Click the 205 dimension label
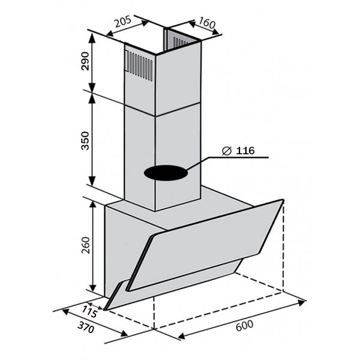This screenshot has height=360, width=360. click(x=123, y=22)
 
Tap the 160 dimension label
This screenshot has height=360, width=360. click(x=207, y=23)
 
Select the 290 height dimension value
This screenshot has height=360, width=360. click(x=85, y=61)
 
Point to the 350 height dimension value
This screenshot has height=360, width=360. click(x=85, y=141)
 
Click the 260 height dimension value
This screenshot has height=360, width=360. click(x=85, y=245)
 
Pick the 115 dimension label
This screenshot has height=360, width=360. click(x=90, y=312)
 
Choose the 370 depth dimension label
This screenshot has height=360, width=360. click(x=86, y=328)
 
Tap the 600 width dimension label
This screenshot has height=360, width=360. click(x=245, y=325)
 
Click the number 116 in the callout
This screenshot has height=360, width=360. click(x=245, y=151)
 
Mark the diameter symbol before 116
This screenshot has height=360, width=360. click(x=226, y=151)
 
